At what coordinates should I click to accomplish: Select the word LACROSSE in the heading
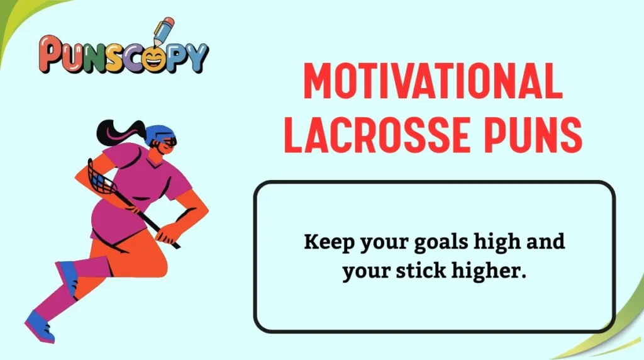pos(380,137)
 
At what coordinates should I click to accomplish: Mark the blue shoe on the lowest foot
pos(39,329)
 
